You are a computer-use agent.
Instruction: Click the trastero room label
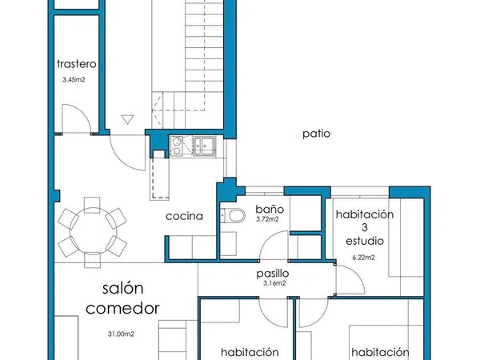click(x=77, y=64)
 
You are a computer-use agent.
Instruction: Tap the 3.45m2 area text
click(x=74, y=79)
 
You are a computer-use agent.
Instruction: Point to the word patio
click(x=316, y=134)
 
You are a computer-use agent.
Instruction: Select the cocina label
click(x=184, y=216)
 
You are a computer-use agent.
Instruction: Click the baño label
click(x=270, y=209)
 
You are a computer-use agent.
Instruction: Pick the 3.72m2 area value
click(x=267, y=219)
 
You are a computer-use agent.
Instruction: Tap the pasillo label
click(x=273, y=274)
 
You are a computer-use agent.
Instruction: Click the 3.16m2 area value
click(x=274, y=283)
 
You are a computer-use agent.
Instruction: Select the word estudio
click(x=365, y=241)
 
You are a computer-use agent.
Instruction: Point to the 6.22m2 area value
click(x=363, y=258)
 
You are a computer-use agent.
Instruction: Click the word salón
click(x=122, y=288)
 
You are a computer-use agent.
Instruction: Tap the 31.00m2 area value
click(x=121, y=334)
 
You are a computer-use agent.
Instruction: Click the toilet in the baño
click(x=234, y=215)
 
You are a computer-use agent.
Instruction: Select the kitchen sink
click(x=204, y=146)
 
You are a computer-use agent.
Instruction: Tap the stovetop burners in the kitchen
click(x=177, y=146)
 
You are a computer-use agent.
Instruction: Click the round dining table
click(x=92, y=232)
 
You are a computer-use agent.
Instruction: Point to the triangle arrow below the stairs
click(x=127, y=119)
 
